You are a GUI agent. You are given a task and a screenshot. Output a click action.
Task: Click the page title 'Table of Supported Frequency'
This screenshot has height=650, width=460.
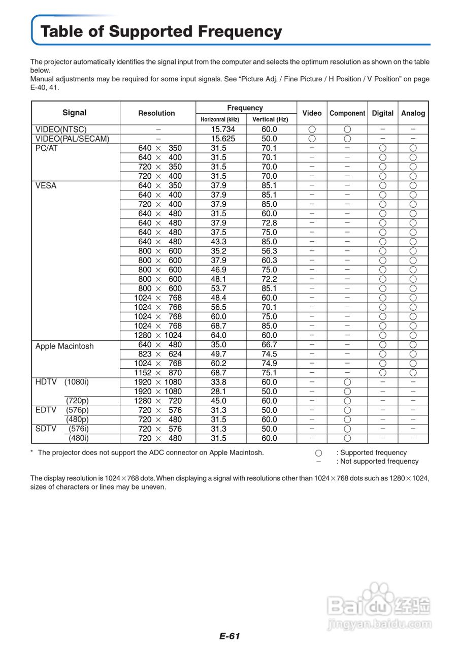pos(161,31)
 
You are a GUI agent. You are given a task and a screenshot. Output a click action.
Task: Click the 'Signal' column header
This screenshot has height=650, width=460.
pos(75,113)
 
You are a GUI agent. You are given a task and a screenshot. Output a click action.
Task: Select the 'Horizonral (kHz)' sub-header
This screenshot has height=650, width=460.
pos(220,120)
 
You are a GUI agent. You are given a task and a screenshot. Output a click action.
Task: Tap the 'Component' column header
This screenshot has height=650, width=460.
pos(347,113)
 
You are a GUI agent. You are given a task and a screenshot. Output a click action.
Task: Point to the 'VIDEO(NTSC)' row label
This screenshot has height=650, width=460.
pos(61,129)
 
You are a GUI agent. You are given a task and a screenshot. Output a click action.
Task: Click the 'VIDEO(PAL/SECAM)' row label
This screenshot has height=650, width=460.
pos(72,139)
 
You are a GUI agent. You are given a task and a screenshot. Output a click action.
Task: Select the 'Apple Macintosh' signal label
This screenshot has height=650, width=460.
pos(64,346)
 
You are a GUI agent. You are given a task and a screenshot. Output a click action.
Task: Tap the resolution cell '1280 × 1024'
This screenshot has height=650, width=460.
pos(158,336)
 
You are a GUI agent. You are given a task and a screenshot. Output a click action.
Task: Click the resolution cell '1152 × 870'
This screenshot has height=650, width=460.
pos(158,373)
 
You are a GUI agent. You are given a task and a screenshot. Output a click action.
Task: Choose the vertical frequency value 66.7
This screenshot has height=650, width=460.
pos(269,345)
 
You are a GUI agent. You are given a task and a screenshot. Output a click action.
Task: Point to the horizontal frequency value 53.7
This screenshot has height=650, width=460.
pos(219,288)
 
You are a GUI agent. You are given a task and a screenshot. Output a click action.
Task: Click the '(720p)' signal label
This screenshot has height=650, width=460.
pos(77,401)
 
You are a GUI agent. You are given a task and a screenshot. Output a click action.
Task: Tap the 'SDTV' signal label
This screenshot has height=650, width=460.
pos(46,429)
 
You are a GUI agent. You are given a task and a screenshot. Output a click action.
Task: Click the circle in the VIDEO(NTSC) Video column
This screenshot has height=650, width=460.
pos(312,129)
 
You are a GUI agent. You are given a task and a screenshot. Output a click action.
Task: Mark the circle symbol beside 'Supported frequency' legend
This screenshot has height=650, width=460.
pos(318,453)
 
